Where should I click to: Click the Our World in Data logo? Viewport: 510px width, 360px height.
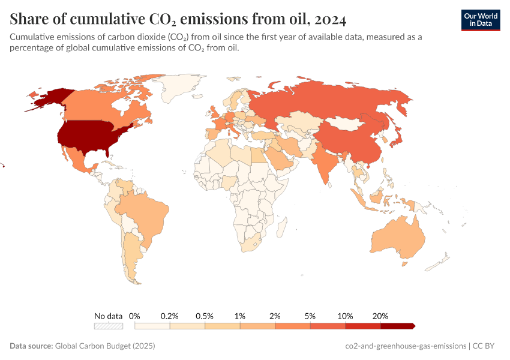(x=480, y=20)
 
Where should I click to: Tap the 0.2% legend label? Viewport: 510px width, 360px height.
(x=170, y=316)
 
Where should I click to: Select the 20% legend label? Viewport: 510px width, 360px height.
(x=380, y=316)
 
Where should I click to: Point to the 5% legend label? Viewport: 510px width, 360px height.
(x=310, y=316)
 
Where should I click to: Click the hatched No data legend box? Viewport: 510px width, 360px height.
(x=109, y=326)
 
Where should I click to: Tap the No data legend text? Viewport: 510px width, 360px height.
(x=109, y=316)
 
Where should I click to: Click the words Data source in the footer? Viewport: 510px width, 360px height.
(x=31, y=346)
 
